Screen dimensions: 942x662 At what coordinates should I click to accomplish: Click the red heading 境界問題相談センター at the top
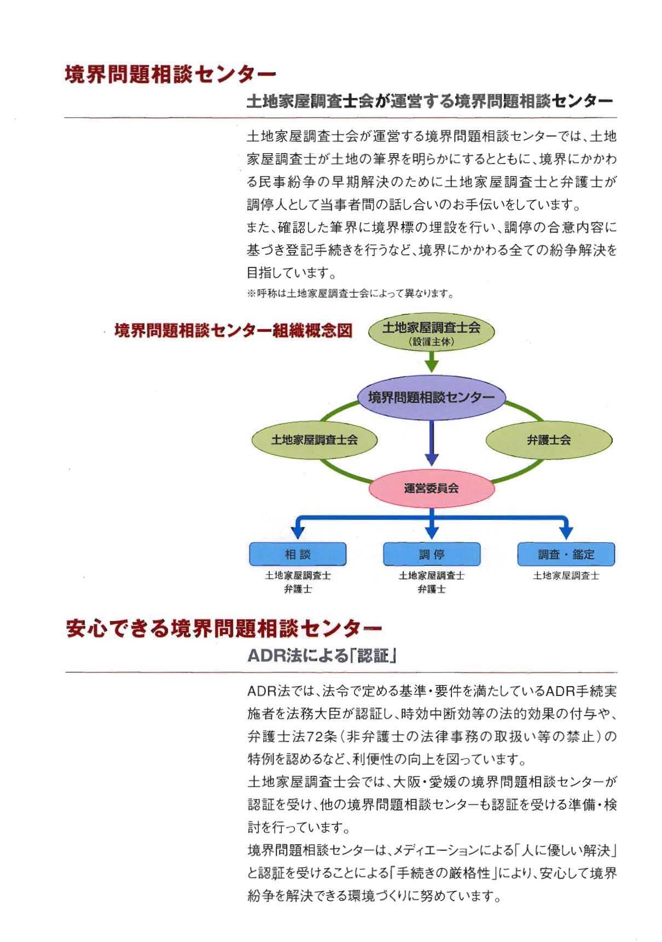tap(170, 74)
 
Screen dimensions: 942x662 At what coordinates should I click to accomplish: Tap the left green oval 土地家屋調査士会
tap(314, 440)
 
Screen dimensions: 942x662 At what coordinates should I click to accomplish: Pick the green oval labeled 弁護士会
tap(549, 440)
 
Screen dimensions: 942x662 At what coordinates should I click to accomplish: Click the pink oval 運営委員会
tap(431, 488)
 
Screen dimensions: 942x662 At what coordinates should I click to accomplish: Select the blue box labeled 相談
tap(298, 554)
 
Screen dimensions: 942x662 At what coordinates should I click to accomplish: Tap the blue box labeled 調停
tap(432, 554)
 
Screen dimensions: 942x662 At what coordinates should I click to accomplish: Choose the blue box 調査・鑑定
tap(566, 554)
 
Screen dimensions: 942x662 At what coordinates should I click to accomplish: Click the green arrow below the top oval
tap(432, 361)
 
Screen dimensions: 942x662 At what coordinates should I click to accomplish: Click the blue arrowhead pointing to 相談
tap(298, 531)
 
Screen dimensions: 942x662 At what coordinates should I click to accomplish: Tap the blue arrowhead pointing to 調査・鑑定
tap(566, 531)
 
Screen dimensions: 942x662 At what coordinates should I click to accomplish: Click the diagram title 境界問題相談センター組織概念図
tap(233, 331)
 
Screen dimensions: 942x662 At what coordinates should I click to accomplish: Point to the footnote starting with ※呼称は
tap(350, 294)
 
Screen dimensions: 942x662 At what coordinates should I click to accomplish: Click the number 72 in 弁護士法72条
tap(316, 736)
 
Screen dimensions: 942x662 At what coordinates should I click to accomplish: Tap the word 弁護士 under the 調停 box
tap(432, 589)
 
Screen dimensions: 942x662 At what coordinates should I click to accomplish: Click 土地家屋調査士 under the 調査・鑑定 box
tap(566, 576)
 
